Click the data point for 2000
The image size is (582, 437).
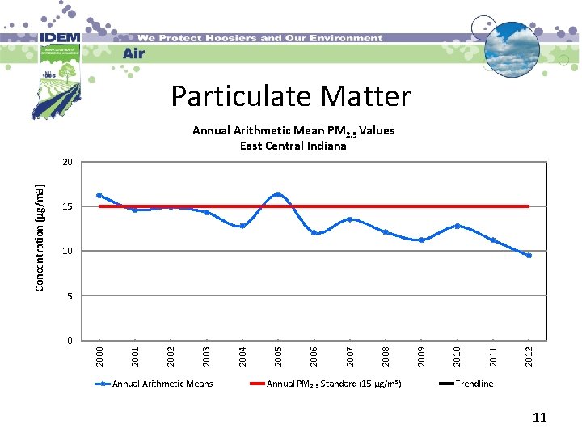[x=99, y=195]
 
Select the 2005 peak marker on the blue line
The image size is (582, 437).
[x=278, y=194]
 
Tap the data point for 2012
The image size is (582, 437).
[x=529, y=256]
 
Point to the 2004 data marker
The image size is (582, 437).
[x=242, y=226]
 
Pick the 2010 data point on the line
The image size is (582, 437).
[x=458, y=226]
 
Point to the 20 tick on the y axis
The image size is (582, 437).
[x=68, y=163]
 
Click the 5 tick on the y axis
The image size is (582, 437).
[x=70, y=296]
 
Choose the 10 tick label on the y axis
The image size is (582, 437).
[x=68, y=252]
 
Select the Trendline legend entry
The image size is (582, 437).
[x=474, y=384]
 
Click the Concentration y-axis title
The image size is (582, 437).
[x=40, y=235]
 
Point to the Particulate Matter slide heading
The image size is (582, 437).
[x=290, y=96]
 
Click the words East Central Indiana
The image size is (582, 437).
[x=293, y=146]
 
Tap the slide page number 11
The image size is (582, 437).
[x=539, y=418]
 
